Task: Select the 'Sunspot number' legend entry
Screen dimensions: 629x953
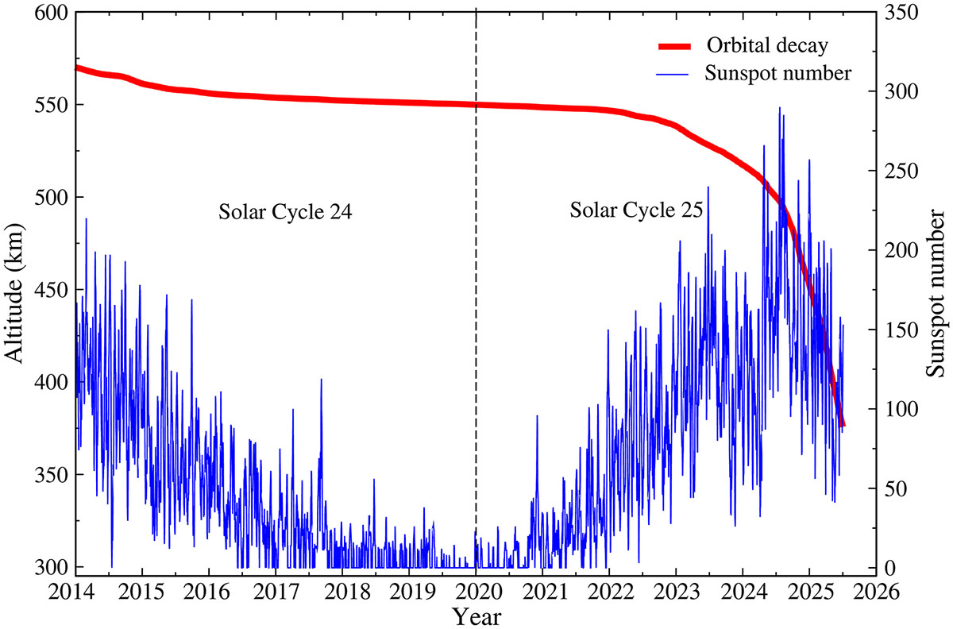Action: [778, 74]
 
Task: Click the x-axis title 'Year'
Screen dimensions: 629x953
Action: [476, 615]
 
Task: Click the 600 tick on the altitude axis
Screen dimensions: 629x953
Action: [52, 13]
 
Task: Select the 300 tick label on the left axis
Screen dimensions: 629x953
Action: [52, 567]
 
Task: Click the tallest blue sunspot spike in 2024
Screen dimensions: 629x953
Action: [779, 108]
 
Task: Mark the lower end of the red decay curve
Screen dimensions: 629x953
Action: [843, 425]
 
